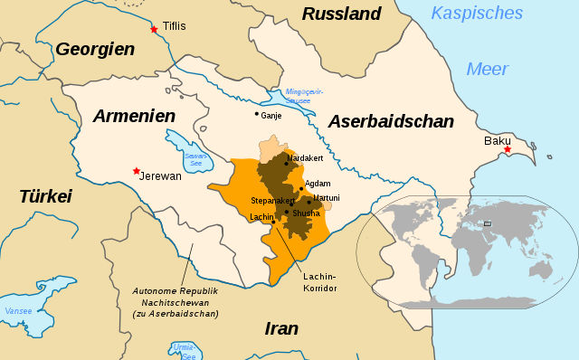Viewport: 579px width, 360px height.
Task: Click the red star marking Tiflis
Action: [154, 29]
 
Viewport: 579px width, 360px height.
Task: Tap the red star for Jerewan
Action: [136, 171]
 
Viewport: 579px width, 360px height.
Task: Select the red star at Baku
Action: [508, 149]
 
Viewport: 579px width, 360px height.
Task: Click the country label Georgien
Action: [95, 50]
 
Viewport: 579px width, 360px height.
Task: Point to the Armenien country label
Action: [133, 116]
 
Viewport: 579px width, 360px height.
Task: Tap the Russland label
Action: [342, 14]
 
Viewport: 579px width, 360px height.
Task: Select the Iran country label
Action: [281, 328]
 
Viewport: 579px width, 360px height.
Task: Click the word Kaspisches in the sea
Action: [477, 13]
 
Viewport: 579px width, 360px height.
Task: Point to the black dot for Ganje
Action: [256, 114]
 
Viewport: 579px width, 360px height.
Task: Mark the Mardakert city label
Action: [305, 158]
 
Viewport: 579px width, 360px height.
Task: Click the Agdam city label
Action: [318, 183]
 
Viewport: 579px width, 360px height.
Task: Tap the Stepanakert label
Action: [272, 200]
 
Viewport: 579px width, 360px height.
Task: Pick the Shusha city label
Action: [306, 213]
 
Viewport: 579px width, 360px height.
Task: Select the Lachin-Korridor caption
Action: [320, 281]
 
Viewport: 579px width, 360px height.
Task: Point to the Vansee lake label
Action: [18, 311]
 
